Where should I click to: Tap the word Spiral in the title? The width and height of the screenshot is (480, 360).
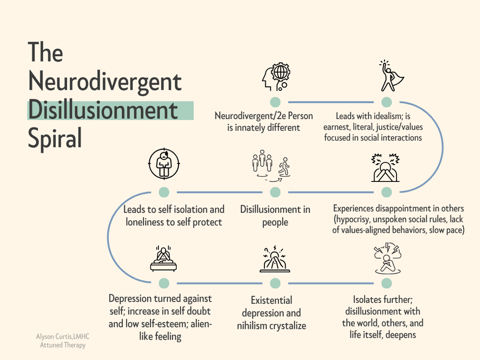(55, 138)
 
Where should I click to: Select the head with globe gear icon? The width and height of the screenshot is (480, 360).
(275, 77)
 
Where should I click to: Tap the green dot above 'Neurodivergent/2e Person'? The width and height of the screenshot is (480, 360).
(275, 102)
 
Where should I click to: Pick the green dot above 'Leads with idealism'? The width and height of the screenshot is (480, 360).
(386, 102)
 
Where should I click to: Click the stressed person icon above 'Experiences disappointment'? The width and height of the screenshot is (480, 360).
(386, 168)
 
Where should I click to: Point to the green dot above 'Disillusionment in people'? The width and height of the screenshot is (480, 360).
(275, 192)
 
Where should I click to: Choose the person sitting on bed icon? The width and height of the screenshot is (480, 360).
(164, 259)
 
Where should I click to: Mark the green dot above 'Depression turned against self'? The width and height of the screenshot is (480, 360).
(164, 283)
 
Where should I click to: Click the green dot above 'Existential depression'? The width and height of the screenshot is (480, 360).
(275, 283)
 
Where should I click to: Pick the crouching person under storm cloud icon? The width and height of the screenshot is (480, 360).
(386, 259)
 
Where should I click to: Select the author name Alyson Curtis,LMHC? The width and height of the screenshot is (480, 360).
(63, 337)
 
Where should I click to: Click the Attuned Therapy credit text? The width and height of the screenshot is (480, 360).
(63, 346)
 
